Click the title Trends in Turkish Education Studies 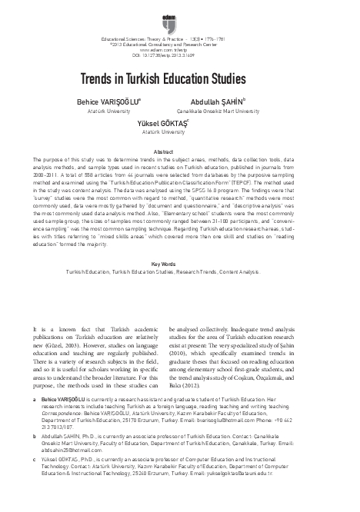tap(180, 79)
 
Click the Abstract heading tap(179, 152)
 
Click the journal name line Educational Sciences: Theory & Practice tap(179, 38)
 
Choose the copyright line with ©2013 tap(179, 45)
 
